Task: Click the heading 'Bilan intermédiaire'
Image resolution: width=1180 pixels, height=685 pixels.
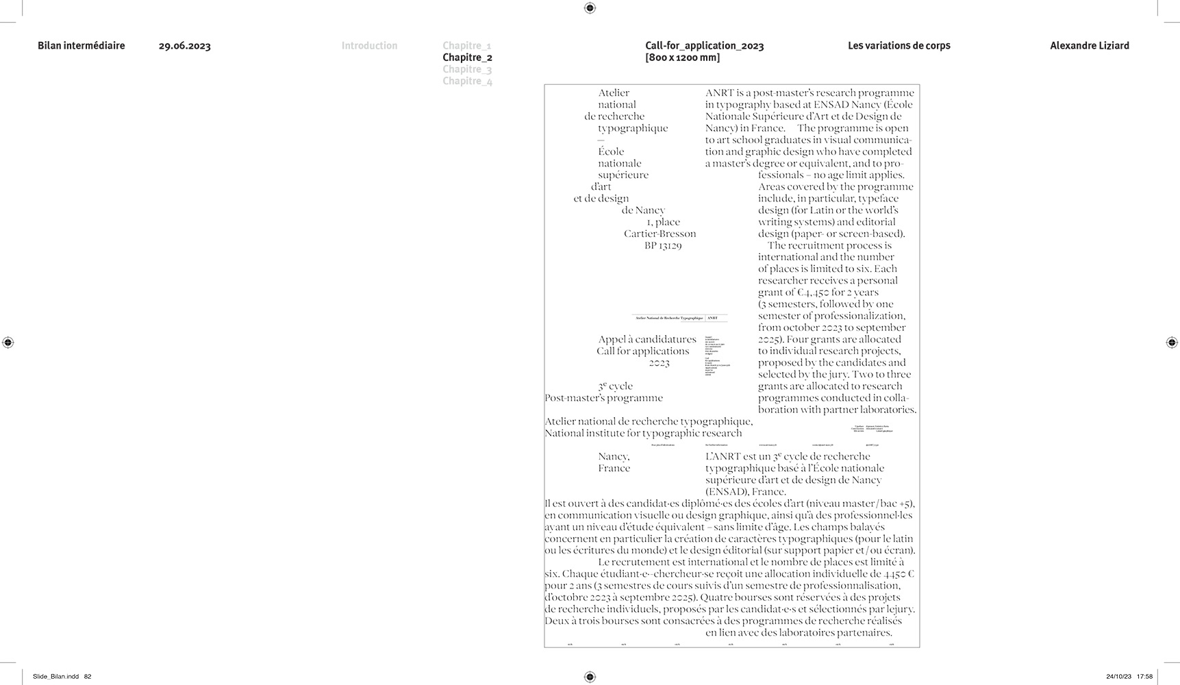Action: pyautogui.click(x=81, y=46)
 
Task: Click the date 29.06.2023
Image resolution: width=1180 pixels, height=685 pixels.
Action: pyautogui.click(x=184, y=46)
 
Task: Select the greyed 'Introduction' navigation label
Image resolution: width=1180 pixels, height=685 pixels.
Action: pyautogui.click(x=369, y=46)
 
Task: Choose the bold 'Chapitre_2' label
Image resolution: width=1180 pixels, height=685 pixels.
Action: pyautogui.click(x=467, y=58)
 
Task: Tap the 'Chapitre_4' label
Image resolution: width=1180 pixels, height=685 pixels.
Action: pyautogui.click(x=467, y=81)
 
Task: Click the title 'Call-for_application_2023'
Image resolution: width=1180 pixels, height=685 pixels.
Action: pyautogui.click(x=704, y=46)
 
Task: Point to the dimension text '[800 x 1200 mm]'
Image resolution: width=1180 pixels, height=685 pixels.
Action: pyautogui.click(x=682, y=58)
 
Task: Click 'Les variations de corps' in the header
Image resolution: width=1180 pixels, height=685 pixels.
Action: pyautogui.click(x=899, y=46)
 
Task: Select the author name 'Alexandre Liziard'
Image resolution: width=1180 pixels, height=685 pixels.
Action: pyautogui.click(x=1089, y=46)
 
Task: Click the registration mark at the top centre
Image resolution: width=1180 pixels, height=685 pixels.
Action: pyautogui.click(x=590, y=8)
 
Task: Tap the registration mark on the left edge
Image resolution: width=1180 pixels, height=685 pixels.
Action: pyautogui.click(x=8, y=342)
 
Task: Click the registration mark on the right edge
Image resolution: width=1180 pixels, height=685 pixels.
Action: pyautogui.click(x=1171, y=342)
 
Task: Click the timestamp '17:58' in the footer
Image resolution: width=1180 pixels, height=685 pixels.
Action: pyautogui.click(x=1144, y=677)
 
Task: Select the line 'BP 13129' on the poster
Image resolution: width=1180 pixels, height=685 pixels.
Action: pyautogui.click(x=662, y=245)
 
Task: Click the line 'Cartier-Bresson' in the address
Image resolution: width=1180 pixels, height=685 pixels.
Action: pyautogui.click(x=660, y=234)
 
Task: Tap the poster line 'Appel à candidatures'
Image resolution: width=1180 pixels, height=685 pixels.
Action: pyautogui.click(x=647, y=339)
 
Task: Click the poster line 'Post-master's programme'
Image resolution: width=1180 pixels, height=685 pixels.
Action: pyautogui.click(x=603, y=398)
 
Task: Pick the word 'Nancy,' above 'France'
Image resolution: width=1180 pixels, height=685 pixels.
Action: pyautogui.click(x=614, y=456)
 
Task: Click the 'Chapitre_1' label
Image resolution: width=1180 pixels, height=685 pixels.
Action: pyautogui.click(x=467, y=46)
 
